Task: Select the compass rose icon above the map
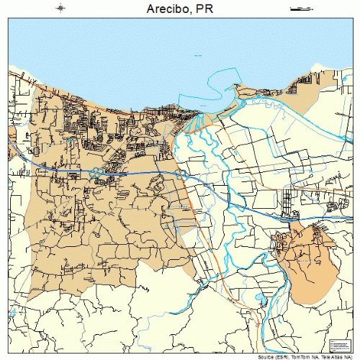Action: [60, 9]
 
